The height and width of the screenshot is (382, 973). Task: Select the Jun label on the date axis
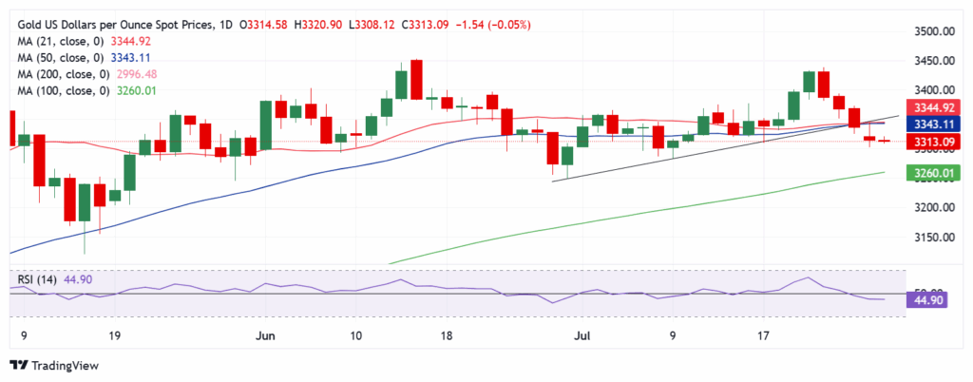coord(266,335)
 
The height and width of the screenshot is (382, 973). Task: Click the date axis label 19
coord(114,335)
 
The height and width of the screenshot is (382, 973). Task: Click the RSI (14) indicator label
coord(37,280)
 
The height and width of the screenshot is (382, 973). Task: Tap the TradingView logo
coord(58,365)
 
